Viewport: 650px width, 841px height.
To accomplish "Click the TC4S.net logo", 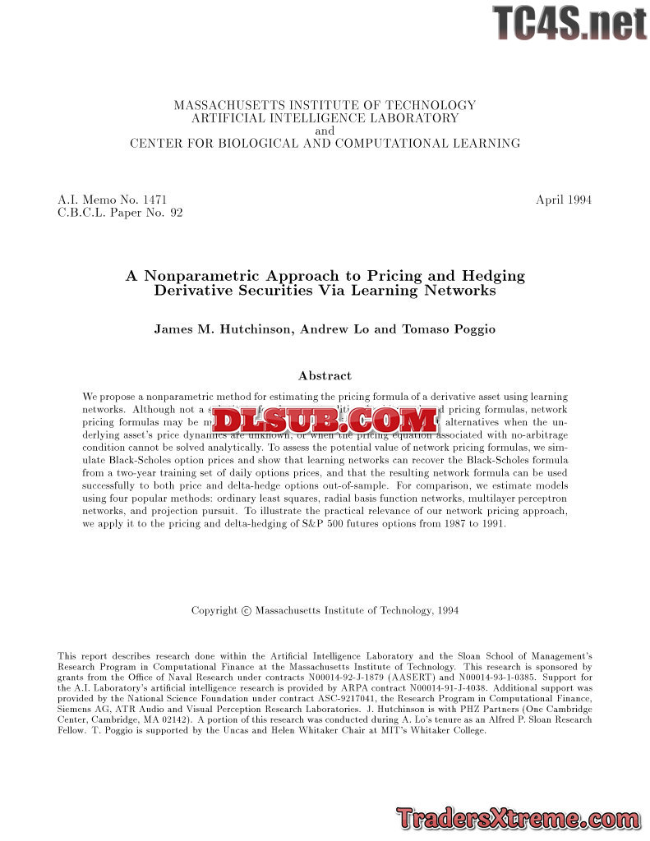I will point(569,23).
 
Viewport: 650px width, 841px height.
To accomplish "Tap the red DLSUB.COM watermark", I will point(325,420).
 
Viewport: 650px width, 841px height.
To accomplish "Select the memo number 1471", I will point(154,200).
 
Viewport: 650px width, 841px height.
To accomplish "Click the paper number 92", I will point(176,213).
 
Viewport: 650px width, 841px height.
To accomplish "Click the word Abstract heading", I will point(325,375).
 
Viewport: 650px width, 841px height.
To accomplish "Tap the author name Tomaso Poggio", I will point(449,329).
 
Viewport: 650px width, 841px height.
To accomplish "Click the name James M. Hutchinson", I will point(222,329).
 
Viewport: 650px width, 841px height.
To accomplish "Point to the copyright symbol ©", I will point(246,611).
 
